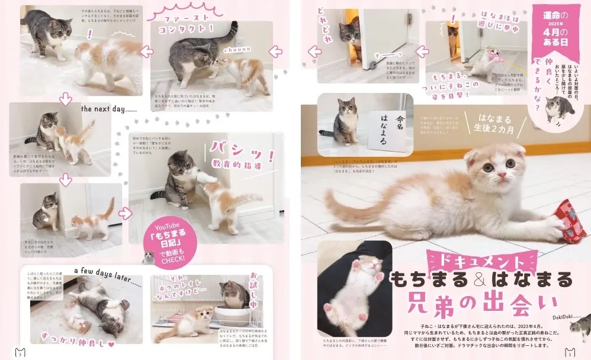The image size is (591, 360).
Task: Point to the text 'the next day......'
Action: pyautogui.click(x=108, y=109)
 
